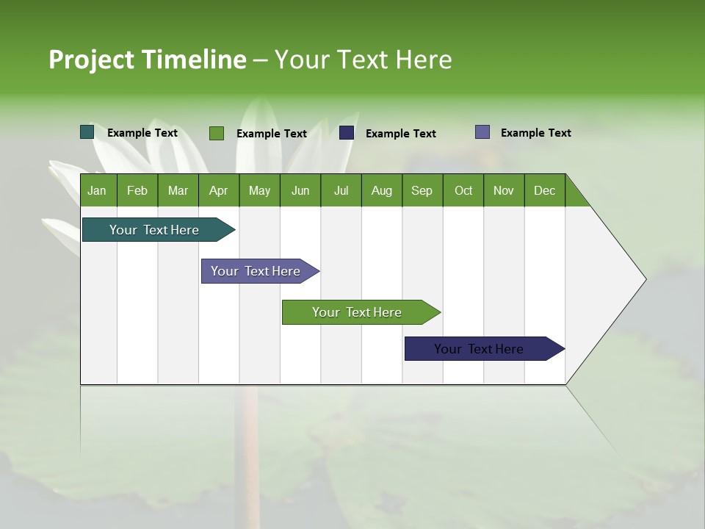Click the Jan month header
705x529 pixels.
click(x=98, y=190)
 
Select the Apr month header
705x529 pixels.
click(x=219, y=190)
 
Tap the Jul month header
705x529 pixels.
click(x=341, y=190)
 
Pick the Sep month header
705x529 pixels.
click(x=422, y=190)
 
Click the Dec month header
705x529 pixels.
click(x=544, y=190)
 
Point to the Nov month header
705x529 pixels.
click(x=504, y=190)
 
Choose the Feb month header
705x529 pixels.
click(x=137, y=190)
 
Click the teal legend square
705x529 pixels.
click(x=87, y=132)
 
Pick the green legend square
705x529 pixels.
click(x=216, y=133)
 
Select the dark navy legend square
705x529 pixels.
click(x=347, y=133)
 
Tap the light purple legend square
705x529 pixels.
click(x=482, y=132)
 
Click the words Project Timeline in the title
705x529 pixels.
click(x=147, y=60)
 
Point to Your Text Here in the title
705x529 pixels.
click(x=363, y=60)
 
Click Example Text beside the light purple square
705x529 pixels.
click(x=535, y=133)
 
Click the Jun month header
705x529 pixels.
click(x=300, y=190)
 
